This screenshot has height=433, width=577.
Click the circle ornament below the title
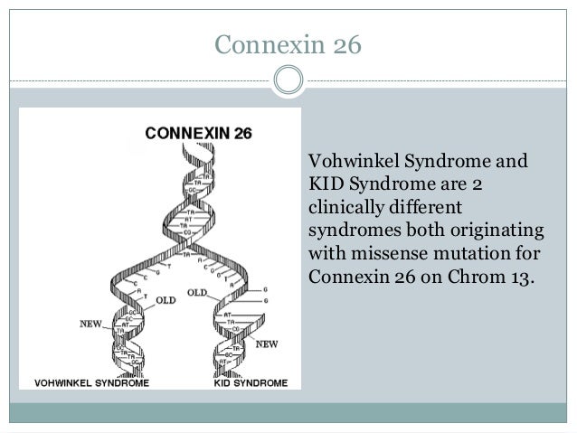[288, 80]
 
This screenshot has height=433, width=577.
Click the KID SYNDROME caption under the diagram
[251, 382]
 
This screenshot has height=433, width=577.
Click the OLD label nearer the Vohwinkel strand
[166, 299]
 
